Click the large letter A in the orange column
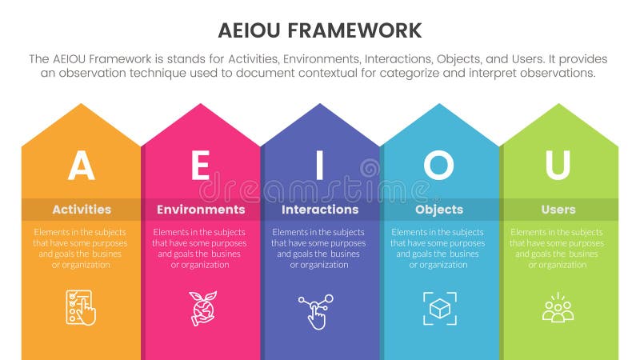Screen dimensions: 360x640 [x=81, y=166]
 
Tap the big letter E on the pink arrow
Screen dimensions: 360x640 [x=200, y=166]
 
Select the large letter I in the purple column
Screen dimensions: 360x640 [x=320, y=166]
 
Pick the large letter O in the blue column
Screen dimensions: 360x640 [x=438, y=166]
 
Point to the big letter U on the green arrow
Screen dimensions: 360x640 [x=558, y=166]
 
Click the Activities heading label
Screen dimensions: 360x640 [x=82, y=210]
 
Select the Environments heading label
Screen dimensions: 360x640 [x=201, y=210]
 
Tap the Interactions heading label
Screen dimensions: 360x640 [x=320, y=210]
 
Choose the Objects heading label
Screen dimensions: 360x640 [x=439, y=210]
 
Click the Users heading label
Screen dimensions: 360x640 [x=558, y=210]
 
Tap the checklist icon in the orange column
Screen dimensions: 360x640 [x=81, y=307]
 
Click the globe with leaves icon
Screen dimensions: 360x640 [x=200, y=307]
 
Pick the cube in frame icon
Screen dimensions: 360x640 [x=439, y=308]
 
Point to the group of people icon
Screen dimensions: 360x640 [x=558, y=308]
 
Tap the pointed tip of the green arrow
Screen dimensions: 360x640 [x=558, y=106]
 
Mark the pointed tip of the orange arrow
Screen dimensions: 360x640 [x=80, y=106]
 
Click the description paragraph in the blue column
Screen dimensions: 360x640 [x=439, y=248]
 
